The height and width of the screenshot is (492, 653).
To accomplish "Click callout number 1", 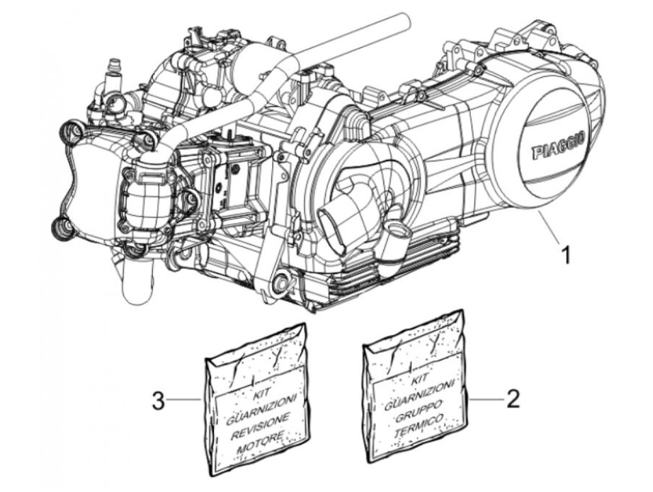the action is (x=565, y=253).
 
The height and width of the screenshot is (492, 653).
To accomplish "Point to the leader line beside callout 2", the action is (x=484, y=399).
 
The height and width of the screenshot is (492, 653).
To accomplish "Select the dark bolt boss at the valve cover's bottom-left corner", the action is (x=61, y=229).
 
